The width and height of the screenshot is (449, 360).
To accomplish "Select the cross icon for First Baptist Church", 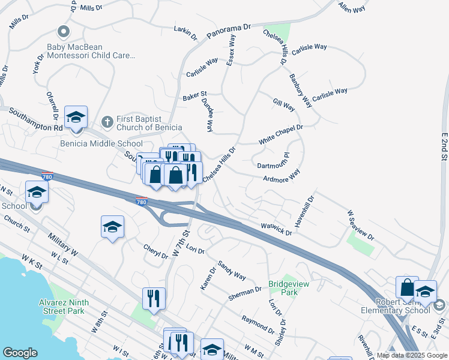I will pos(107,122).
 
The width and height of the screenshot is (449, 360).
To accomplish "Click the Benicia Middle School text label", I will pos(101,143).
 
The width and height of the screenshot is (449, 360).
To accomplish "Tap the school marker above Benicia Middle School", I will pos(76,118).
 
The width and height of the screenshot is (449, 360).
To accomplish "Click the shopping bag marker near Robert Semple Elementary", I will pos(407,287).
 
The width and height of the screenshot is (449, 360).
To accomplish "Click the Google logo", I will pos(20,353).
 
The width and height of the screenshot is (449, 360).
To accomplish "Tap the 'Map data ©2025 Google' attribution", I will pos(412,356).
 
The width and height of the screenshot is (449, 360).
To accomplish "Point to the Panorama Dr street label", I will pos(228,31).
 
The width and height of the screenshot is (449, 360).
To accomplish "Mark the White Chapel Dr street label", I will pos(281,134).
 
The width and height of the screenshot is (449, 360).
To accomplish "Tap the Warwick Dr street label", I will pos(276,229).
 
